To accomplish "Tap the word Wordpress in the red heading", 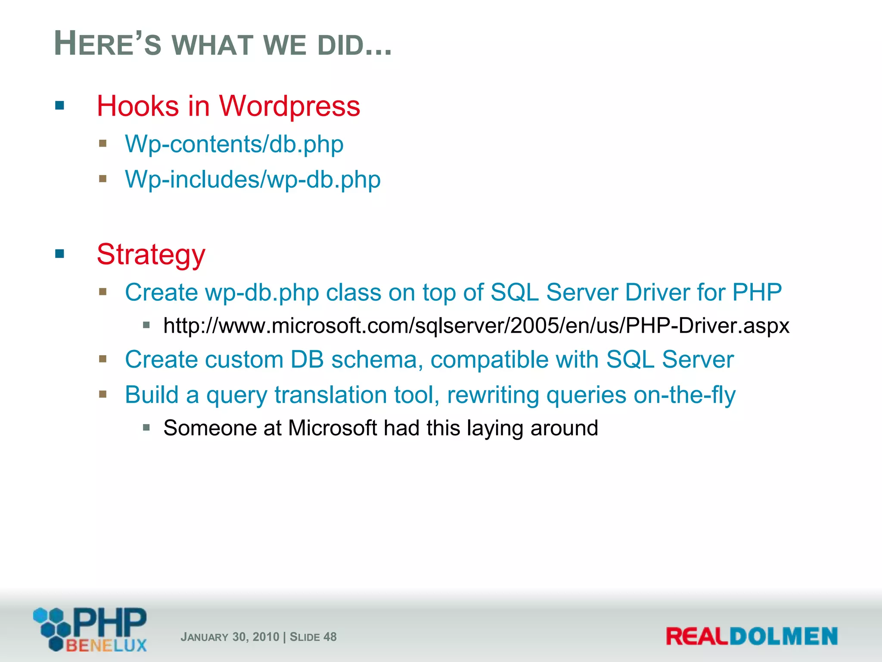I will tap(289, 106).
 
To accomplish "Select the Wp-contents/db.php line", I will tap(234, 144).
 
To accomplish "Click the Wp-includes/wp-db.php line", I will tap(252, 179).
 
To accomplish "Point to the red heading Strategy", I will tap(151, 254).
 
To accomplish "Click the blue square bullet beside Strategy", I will tap(59, 253).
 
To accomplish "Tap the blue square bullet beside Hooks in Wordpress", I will tap(59, 105).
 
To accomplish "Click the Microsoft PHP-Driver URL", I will tap(476, 326).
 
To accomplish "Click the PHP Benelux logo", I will tap(90, 629).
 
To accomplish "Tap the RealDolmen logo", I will tap(752, 636).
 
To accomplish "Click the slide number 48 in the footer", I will tap(330, 637).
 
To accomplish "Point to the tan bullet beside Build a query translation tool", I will tap(102, 394).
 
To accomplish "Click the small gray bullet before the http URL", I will tap(146, 325).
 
